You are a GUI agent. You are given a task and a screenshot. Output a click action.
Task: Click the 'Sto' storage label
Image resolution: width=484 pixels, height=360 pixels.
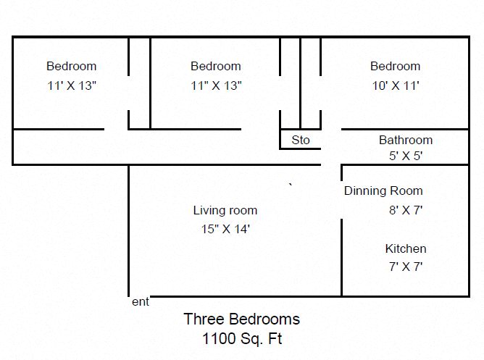coord(301,140)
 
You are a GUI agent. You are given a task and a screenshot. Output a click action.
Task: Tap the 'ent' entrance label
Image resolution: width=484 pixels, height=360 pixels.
coord(141,302)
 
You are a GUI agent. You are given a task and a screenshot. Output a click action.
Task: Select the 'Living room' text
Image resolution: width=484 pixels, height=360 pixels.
coord(225,210)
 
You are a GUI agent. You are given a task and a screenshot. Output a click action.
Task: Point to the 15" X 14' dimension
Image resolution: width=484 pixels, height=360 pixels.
coord(225,229)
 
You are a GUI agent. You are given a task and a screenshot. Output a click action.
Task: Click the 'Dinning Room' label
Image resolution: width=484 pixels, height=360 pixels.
coord(383,191)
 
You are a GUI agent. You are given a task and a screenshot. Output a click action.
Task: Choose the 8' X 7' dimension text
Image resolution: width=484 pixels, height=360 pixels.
coord(406,210)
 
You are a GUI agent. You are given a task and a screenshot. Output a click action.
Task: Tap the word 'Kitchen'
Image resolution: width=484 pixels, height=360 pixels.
coord(406,248)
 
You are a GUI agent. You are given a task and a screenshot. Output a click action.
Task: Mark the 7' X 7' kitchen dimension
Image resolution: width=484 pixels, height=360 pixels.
coord(406,267)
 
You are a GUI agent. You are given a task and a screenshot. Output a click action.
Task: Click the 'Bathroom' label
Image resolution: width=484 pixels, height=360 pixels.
coord(406,140)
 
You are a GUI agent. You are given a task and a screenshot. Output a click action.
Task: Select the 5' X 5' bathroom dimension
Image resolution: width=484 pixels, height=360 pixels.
coord(406,156)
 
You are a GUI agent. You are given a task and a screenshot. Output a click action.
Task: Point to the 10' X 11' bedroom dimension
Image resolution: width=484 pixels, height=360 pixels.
coord(396,85)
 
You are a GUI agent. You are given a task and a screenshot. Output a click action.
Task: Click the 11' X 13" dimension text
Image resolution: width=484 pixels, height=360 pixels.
coord(72,85)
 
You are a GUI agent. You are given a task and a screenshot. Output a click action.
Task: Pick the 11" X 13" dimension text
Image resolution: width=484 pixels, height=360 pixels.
coord(216,85)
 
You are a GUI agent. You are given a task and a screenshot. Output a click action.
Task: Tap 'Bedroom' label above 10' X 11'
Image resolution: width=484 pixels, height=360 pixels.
coord(396,67)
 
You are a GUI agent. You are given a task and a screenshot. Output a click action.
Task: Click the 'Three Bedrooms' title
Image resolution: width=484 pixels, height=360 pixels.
coord(242,319)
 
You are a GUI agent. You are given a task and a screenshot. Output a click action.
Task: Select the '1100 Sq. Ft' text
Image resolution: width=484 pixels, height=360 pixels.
coord(242,339)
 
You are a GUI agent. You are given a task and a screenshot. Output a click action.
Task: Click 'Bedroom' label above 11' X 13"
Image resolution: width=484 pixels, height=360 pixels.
coord(72,67)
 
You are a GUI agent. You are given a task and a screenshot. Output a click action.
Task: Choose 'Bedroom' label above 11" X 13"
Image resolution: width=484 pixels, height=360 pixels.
coord(216,67)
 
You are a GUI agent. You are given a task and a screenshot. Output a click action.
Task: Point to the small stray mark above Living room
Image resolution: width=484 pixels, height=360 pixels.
coord(291,185)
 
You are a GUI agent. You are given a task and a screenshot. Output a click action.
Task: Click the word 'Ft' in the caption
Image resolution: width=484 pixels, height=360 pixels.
coord(275,338)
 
